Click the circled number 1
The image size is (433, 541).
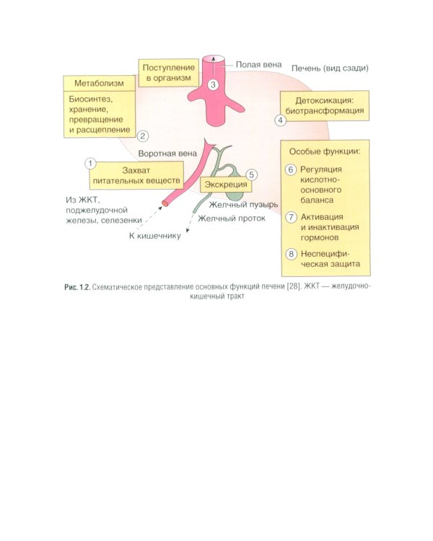pyautogui.click(x=90, y=162)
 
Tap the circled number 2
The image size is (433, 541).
pyautogui.click(x=143, y=135)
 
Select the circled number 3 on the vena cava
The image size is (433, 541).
pyautogui.click(x=213, y=85)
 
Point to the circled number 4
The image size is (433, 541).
pyautogui.click(x=281, y=120)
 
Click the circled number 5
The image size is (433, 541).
pyautogui.click(x=251, y=175)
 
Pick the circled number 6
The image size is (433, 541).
pyautogui.click(x=292, y=170)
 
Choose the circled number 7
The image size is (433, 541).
pyautogui.click(x=292, y=217)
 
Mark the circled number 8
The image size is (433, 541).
pyautogui.click(x=292, y=254)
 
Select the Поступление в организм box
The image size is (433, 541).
pyautogui.click(x=166, y=71)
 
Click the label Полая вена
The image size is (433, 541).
pyautogui.click(x=258, y=65)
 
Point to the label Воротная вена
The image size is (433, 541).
pyautogui.click(x=167, y=153)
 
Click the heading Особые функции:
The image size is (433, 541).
pyautogui.click(x=324, y=152)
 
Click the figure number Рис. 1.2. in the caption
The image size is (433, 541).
pyautogui.click(x=76, y=288)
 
